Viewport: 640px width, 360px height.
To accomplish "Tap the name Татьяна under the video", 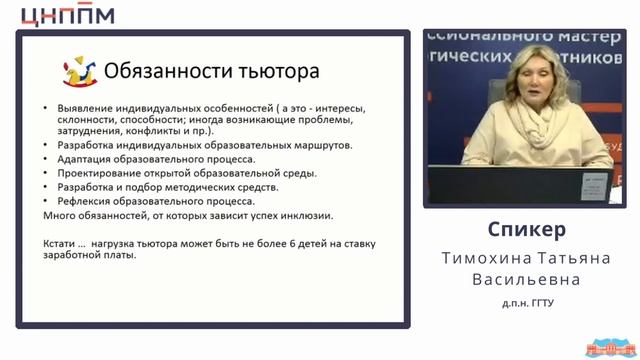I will [x=565, y=258].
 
